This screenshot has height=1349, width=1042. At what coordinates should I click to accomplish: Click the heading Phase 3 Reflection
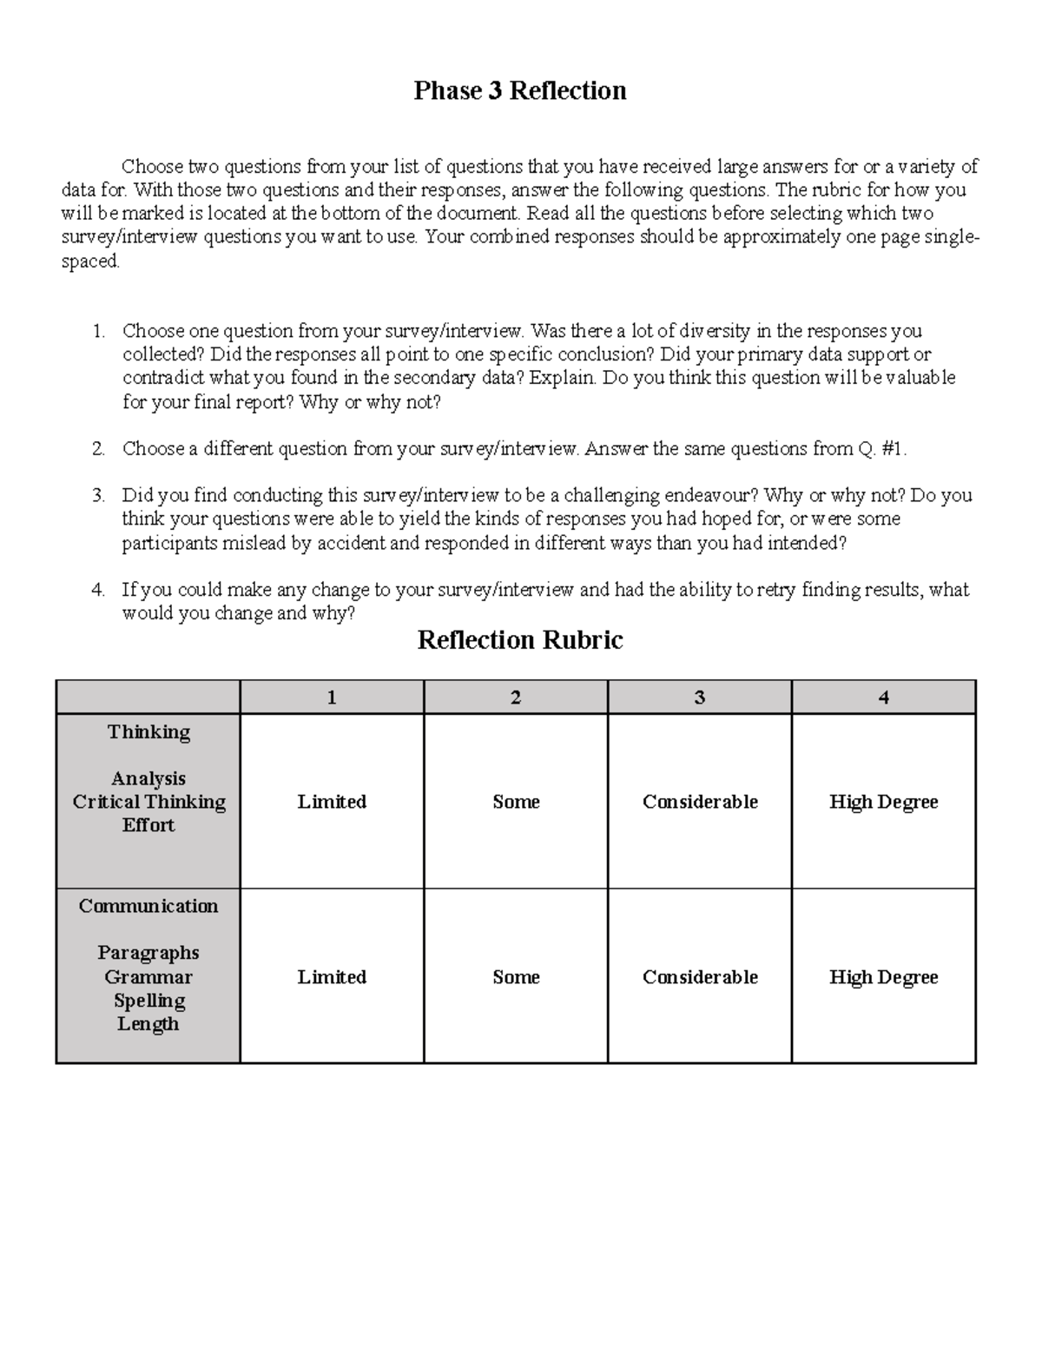coord(519,91)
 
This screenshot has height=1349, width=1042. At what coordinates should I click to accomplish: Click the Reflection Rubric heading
coord(519,640)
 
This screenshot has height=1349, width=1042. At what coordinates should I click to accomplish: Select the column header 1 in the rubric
coord(332,698)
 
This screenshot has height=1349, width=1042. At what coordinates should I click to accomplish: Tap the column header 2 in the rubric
coord(516,698)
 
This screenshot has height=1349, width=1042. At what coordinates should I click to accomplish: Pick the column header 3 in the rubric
coord(700,698)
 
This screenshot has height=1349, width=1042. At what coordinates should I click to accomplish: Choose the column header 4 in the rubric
coord(884,698)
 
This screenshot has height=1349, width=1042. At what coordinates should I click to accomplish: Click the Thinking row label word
coord(148,732)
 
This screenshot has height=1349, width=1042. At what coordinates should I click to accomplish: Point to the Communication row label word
coord(148,906)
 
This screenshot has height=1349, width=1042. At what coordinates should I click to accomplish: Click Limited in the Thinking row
coord(332,802)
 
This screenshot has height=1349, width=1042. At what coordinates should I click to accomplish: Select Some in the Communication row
coord(516,977)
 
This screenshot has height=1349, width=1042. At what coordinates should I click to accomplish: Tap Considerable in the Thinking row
coord(700,802)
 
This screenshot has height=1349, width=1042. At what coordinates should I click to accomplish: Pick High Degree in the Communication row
coord(884,977)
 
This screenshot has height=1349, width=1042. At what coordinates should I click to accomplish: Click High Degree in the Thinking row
coord(884,802)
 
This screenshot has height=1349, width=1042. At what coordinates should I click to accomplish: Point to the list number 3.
coord(97,496)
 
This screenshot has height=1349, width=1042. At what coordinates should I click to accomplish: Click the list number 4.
coord(97,591)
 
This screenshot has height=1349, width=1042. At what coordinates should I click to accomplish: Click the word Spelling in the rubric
coord(149,1001)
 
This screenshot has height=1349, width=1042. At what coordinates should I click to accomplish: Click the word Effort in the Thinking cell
coord(148,825)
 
